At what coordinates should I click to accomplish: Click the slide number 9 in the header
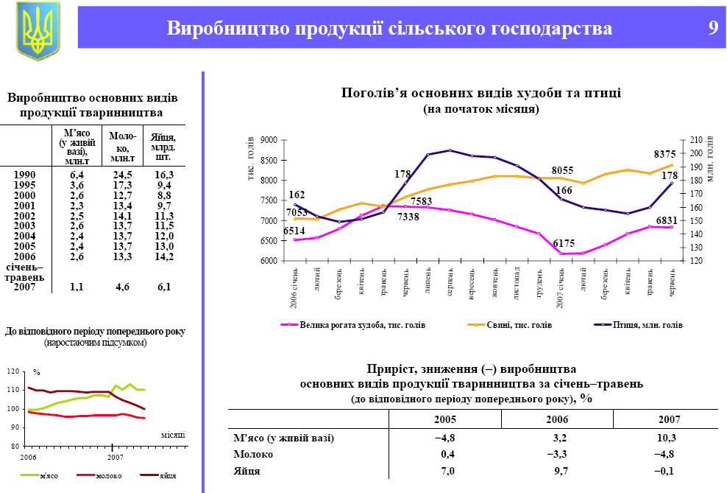pyautogui.click(x=712, y=28)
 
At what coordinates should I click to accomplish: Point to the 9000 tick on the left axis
pyautogui.click(x=268, y=140)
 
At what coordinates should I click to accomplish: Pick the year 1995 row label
pyautogui.click(x=25, y=185)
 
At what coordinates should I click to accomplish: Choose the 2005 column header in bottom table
pyautogui.click(x=444, y=419)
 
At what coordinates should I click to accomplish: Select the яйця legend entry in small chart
pyautogui.click(x=167, y=476)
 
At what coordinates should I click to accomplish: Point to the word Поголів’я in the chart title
pyautogui.click(x=372, y=94)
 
